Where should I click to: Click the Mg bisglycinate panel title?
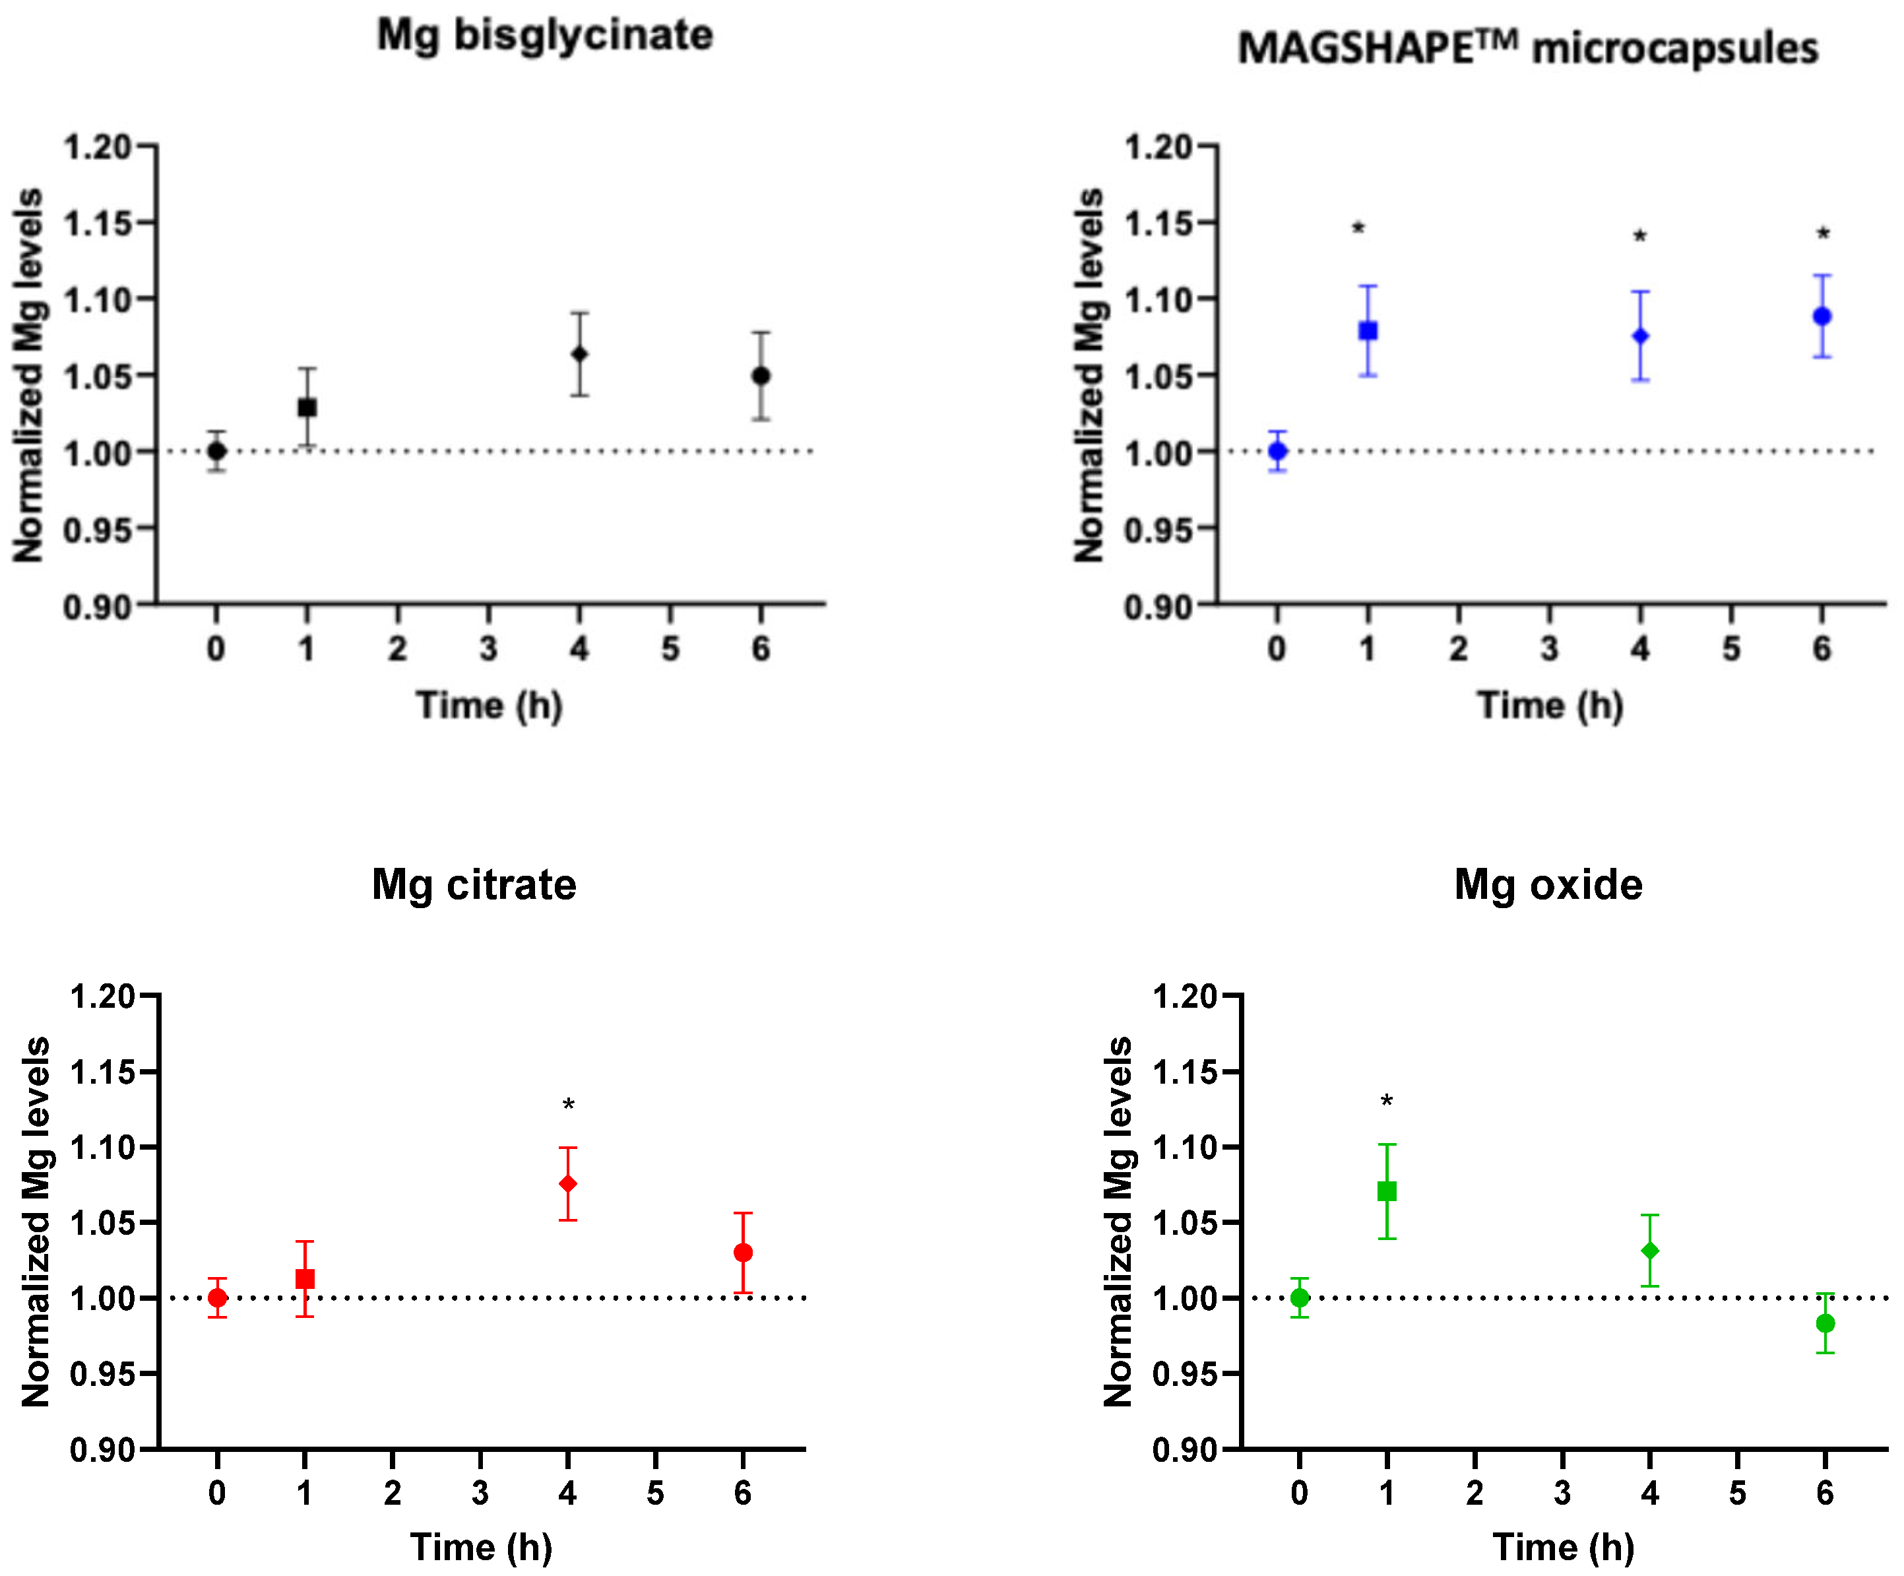coord(545,36)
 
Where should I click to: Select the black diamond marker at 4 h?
coord(579,354)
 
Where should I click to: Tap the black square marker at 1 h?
coord(307,407)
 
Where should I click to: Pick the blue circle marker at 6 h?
coord(1822,317)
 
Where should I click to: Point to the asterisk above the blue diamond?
coord(1640,238)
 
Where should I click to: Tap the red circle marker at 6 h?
coord(744,1252)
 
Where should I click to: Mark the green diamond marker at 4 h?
coord(1650,1251)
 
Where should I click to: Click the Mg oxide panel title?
coord(1548,884)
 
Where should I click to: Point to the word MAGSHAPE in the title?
coord(1356,48)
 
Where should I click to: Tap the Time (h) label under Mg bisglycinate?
coord(490,706)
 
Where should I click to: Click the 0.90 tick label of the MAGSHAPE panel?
coord(1158,607)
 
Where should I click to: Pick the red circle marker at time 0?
coord(218,1297)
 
